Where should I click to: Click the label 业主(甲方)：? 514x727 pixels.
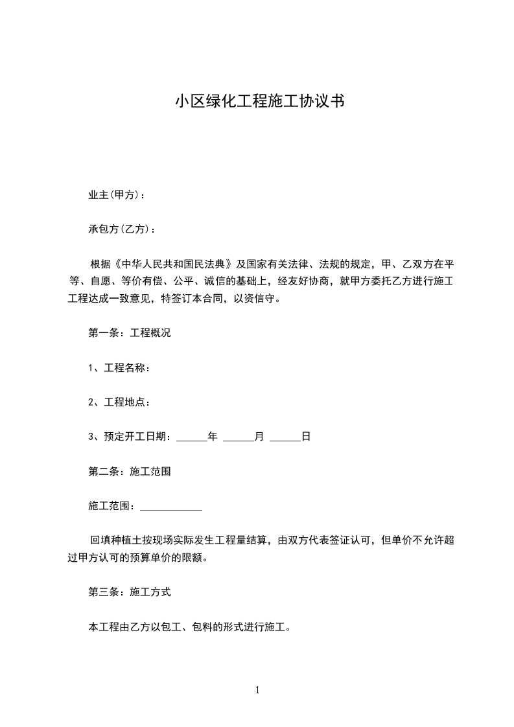[x=117, y=194]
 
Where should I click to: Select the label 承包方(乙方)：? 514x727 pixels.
[x=122, y=229]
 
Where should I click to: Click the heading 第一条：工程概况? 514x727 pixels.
[x=130, y=334]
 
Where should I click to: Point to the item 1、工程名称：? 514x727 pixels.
[x=120, y=369]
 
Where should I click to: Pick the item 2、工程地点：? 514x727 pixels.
[x=120, y=403]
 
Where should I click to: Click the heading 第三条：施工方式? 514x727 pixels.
[x=130, y=592]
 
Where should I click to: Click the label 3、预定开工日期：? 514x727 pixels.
[x=130, y=437]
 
